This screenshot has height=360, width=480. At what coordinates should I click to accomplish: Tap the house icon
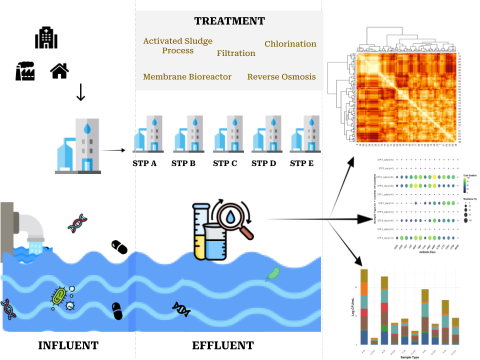59,70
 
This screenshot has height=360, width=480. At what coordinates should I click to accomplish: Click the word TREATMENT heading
229,21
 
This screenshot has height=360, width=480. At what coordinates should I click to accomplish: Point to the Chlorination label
290,44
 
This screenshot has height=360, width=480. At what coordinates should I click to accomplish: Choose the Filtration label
236,53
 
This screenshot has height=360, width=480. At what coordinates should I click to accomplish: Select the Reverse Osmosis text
281,76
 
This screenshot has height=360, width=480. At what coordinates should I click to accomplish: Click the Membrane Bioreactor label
187,76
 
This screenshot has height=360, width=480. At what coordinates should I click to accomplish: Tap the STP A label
144,163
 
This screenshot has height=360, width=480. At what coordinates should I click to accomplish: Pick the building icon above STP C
225,133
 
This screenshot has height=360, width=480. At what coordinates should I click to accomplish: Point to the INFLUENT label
68,345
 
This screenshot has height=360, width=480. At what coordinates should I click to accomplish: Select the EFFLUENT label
223,345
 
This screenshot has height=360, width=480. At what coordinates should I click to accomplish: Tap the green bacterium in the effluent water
273,273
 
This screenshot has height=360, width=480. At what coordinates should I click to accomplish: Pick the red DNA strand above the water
77,223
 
